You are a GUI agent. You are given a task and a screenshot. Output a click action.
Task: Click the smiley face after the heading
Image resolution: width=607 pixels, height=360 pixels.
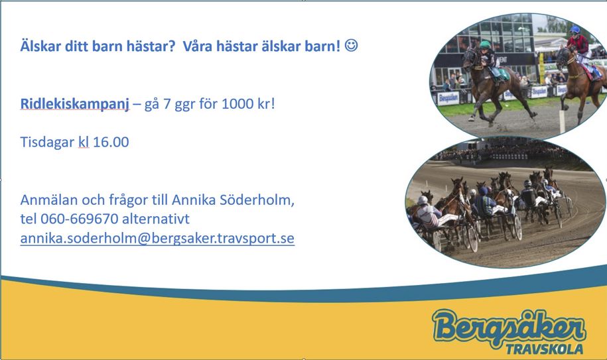point(351,45)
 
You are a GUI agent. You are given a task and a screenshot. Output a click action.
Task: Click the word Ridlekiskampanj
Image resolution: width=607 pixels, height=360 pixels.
point(75,103)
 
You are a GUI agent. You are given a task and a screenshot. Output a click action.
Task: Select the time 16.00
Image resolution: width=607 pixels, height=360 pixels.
point(111,142)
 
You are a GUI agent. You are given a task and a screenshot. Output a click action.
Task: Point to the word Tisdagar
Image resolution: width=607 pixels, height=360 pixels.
point(47,142)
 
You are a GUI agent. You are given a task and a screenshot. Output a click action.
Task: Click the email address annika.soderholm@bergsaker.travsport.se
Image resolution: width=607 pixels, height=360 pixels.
point(157,238)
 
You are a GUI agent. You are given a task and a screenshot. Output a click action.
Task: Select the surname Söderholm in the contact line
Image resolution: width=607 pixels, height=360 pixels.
point(257,200)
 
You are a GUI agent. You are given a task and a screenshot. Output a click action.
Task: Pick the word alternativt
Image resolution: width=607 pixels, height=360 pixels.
point(156,219)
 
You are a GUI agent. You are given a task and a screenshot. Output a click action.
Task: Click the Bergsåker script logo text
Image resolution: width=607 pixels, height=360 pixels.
point(509,327)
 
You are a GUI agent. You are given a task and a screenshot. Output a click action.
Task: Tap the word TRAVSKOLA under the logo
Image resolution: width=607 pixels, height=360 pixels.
point(544,349)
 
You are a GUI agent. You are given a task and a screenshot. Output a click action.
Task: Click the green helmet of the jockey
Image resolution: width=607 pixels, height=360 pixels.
point(485,44)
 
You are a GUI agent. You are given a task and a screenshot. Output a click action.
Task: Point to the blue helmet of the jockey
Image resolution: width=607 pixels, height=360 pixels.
point(575,29)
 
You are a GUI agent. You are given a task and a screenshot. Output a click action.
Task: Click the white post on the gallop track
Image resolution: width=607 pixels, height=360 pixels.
point(562,122)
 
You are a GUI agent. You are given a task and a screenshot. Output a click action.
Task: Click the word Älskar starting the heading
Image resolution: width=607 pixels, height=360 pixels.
point(40,46)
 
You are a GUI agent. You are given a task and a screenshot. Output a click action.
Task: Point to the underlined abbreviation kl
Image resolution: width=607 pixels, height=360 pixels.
point(84,142)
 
